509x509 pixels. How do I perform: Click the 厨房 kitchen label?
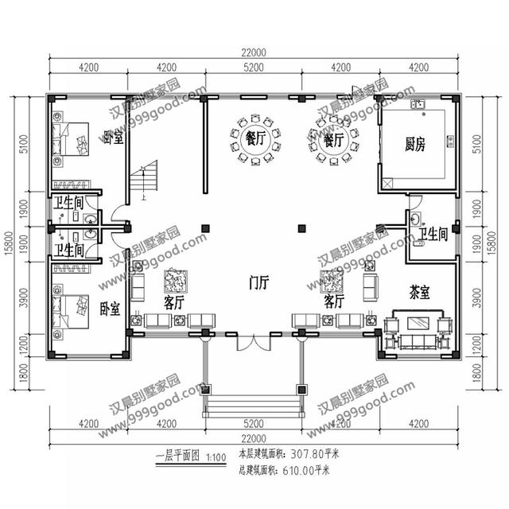tap(415, 145)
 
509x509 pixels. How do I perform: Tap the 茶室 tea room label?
tap(419, 293)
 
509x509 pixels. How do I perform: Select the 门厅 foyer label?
tap(258, 282)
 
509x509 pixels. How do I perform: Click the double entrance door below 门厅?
tap(253, 343)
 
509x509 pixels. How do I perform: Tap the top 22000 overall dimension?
tap(254, 52)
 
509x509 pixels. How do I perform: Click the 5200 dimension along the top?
tap(254, 68)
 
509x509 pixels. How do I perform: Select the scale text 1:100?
tap(216, 458)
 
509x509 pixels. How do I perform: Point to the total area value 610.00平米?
tap(305, 470)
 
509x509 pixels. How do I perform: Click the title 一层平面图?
tap(177, 457)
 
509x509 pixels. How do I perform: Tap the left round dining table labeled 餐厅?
tap(255, 140)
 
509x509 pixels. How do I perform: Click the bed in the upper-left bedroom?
tap(71, 139)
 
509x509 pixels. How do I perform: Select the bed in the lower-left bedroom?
tap(71, 312)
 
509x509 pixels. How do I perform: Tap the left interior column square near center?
tap(205, 228)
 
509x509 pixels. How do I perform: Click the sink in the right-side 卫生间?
tap(415, 218)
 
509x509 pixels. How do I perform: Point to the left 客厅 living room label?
tap(174, 302)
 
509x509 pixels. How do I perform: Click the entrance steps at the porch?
tap(254, 406)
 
